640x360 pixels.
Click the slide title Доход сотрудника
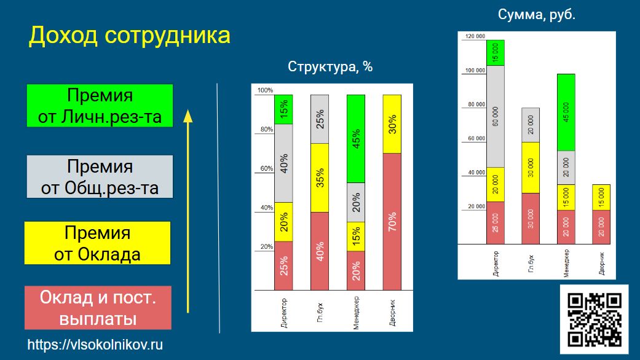tap(129, 35)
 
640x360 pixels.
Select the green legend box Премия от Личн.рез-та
tap(100, 106)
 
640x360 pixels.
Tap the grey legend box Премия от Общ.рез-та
tap(100, 176)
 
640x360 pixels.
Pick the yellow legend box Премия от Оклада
tap(98, 243)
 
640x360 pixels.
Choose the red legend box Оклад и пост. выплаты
tap(98, 308)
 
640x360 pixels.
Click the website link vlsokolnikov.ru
tap(95, 345)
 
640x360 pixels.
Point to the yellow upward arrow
tap(188, 211)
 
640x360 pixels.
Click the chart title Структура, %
tap(330, 66)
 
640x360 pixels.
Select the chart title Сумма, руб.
tap(536, 15)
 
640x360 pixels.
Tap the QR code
tap(595, 319)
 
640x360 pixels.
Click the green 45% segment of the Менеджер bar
tap(356, 139)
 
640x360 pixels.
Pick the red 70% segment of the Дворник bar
tap(392, 222)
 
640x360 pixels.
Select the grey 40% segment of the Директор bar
tap(283, 163)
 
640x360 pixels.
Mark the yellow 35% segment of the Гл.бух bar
tap(320, 178)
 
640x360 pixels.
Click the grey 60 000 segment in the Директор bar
tap(496, 116)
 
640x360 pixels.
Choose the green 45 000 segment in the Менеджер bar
tap(566, 112)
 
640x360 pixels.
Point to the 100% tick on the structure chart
tap(266, 90)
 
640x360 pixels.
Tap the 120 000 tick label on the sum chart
tap(475, 36)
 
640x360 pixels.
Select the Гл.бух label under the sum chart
tap(531, 264)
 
